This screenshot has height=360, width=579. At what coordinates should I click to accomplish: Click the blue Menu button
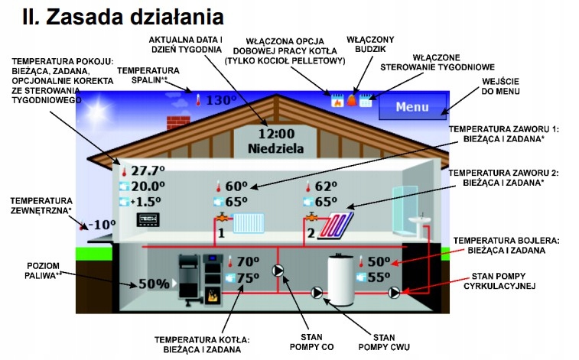(412, 106)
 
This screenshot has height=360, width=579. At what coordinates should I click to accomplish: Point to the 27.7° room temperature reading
(148, 170)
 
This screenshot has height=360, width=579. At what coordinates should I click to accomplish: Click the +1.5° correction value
(148, 202)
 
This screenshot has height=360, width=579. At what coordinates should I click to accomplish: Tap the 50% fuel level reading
(154, 284)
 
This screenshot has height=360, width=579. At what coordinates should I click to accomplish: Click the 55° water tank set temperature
(379, 277)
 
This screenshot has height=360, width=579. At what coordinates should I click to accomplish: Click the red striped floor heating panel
(337, 225)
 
